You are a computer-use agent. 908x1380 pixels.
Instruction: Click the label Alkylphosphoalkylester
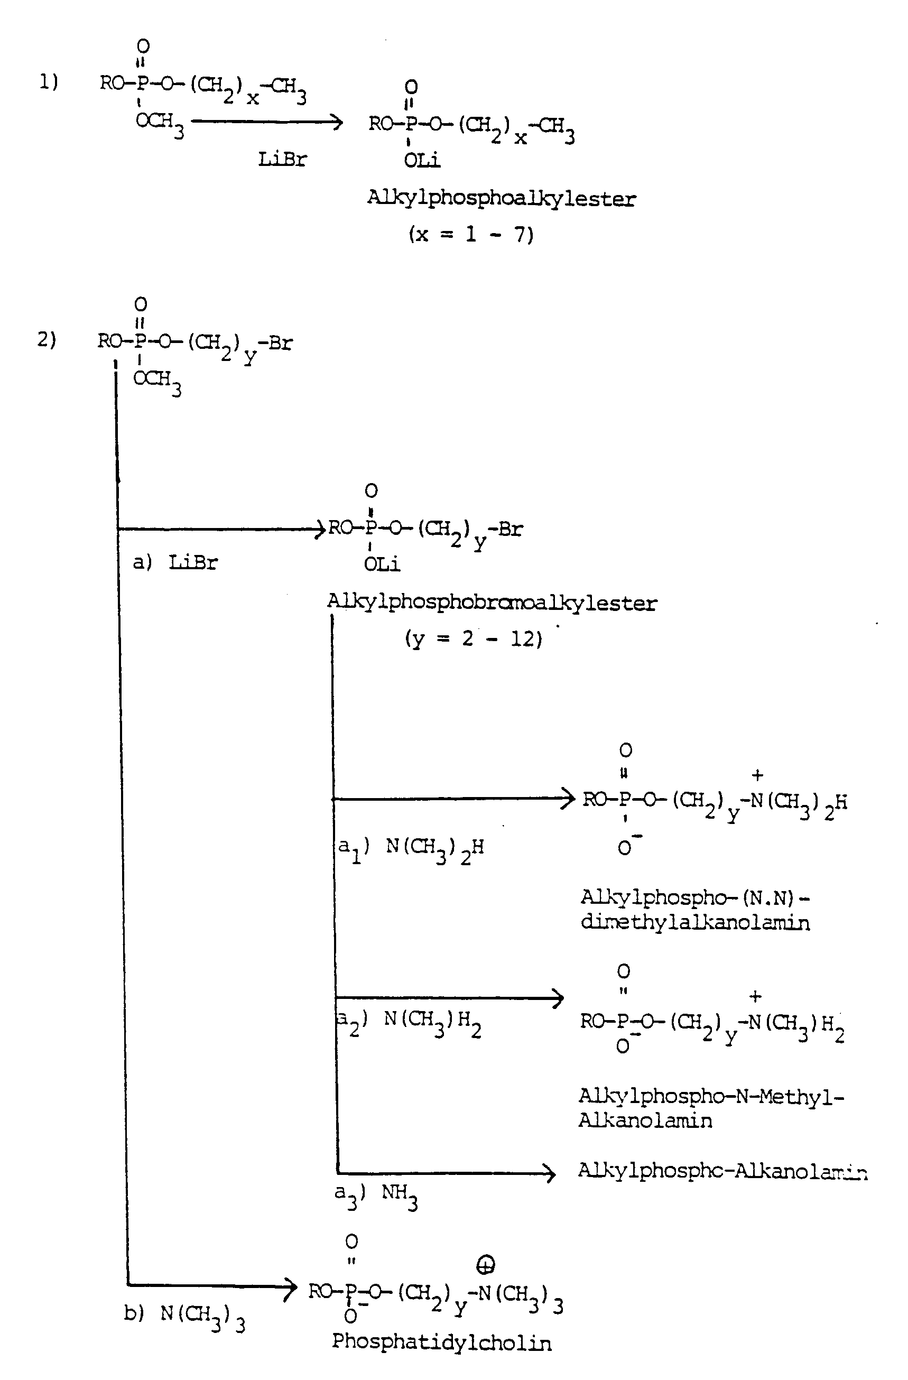502,199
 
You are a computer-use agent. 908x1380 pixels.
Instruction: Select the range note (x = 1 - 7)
471,234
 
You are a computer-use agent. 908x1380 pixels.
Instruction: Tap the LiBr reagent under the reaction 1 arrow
282,159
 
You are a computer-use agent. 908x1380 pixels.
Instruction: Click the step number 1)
49,82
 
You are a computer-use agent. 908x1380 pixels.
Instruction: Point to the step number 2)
47,339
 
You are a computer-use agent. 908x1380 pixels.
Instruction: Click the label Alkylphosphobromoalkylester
492,603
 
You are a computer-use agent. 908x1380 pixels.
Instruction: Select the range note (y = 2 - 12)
473,639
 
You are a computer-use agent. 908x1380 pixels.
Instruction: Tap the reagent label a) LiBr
175,562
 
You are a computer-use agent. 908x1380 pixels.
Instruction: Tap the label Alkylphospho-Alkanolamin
722,1171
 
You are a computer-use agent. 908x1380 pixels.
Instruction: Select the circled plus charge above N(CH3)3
485,1266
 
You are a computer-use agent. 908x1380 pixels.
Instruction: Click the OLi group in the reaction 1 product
422,160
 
